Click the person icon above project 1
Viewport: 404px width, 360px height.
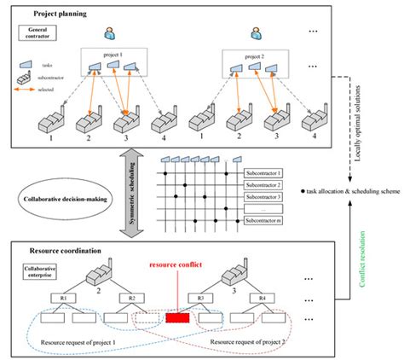click(x=109, y=34)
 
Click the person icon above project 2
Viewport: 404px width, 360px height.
click(x=255, y=34)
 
